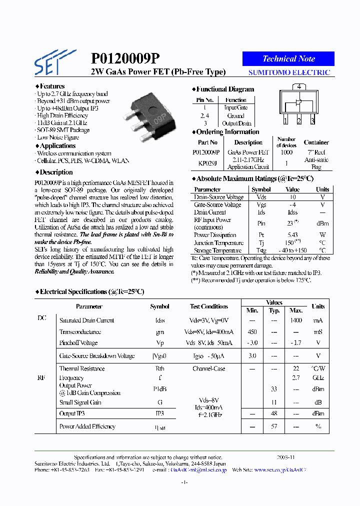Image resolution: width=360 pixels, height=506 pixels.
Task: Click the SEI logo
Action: click(54, 61)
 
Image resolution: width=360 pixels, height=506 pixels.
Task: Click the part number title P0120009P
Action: click(125, 59)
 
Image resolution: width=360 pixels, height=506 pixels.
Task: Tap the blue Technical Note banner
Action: click(288, 58)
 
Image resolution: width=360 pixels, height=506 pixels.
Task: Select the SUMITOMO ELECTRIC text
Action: click(289, 72)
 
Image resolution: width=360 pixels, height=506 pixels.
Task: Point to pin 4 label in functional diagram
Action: click(298, 86)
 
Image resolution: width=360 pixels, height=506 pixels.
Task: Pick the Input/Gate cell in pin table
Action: click(235, 107)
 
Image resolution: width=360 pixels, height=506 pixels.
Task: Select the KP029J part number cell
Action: click(207, 163)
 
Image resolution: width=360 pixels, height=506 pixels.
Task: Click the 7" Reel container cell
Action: click(316, 152)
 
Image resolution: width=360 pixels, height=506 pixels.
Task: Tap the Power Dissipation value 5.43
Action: click(292, 235)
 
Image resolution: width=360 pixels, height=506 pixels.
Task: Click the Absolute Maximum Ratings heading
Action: click(254, 178)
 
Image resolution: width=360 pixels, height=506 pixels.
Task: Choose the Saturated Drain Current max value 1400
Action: click(296, 320)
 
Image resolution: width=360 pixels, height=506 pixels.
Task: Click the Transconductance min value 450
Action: click(252, 332)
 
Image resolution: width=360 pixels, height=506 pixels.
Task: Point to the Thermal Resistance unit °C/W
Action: click(318, 368)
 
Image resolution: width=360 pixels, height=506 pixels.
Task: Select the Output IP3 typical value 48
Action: click(274, 413)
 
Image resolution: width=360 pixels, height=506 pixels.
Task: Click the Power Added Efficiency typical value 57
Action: click(274, 426)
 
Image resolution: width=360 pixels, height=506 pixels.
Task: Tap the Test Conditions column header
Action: click(208, 306)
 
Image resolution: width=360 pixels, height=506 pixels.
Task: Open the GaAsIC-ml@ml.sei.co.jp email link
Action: click(198, 470)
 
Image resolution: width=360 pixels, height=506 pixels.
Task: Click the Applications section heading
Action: click(57, 146)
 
